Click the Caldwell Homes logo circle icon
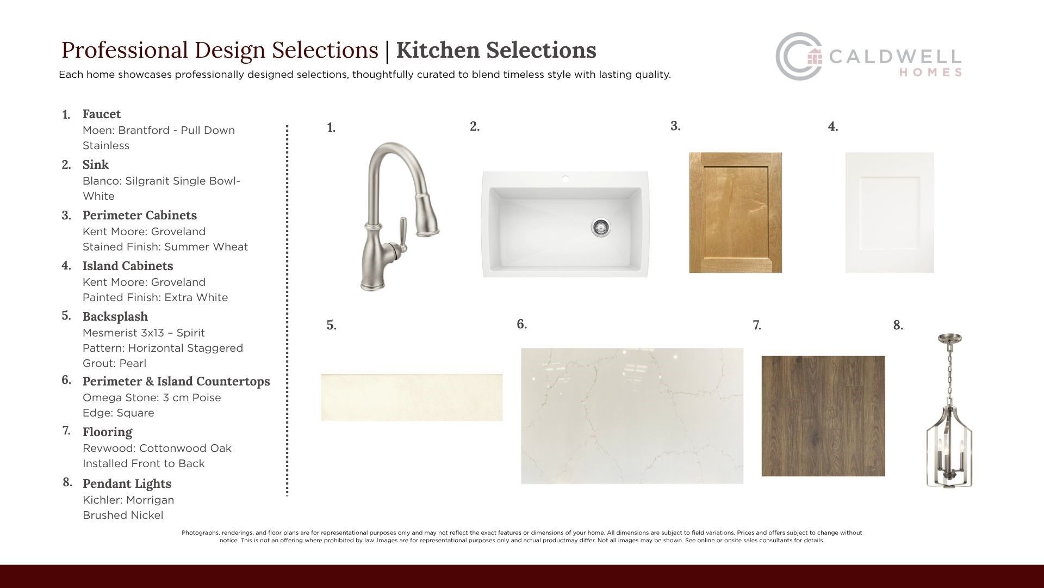pyautogui.click(x=798, y=57)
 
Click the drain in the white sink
pyautogui.click(x=601, y=227)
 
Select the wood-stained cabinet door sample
pyautogui.click(x=736, y=212)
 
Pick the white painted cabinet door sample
pyautogui.click(x=890, y=212)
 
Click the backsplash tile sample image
pyautogui.click(x=412, y=397)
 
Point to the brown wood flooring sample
pyautogui.click(x=823, y=416)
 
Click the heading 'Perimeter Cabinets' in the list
pyautogui.click(x=140, y=215)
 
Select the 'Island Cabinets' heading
pyautogui.click(x=128, y=266)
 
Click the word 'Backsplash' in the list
pyautogui.click(x=115, y=316)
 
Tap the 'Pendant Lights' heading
pyautogui.click(x=127, y=483)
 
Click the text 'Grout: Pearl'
pyautogui.click(x=114, y=363)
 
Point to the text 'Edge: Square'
pyautogui.click(x=119, y=413)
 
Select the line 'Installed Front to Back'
pyautogui.click(x=144, y=463)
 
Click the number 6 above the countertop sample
pyautogui.click(x=522, y=324)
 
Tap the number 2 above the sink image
pyautogui.click(x=475, y=126)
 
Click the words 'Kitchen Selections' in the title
pyautogui.click(x=496, y=50)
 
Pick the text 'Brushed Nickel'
pyautogui.click(x=123, y=515)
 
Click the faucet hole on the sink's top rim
pyautogui.click(x=565, y=178)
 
